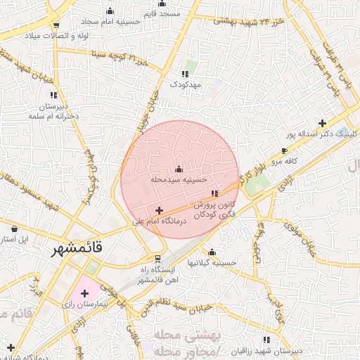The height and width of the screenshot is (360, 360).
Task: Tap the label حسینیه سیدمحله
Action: click(179, 180)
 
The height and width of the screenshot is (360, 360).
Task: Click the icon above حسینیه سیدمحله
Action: click(179, 169)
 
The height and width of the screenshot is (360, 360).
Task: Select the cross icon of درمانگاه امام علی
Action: click(159, 210)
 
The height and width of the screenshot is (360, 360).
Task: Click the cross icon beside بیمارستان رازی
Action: click(85, 292)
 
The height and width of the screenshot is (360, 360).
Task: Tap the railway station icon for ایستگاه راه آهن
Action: click(157, 258)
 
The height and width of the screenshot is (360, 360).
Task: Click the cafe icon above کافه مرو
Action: click(284, 150)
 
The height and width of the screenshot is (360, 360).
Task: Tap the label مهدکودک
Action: click(186, 84)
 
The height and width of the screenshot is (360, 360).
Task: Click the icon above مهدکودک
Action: click(186, 73)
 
